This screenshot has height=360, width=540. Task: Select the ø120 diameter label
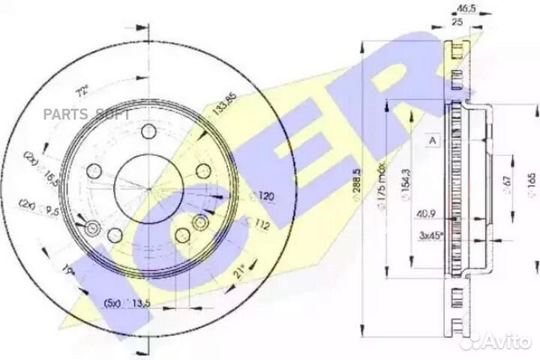[x=259, y=196]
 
